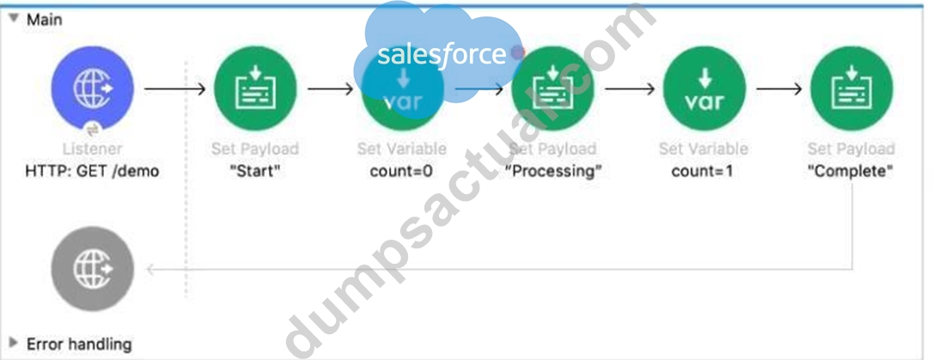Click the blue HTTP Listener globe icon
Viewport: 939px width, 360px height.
(92, 88)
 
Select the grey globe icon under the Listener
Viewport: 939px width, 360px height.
(92, 269)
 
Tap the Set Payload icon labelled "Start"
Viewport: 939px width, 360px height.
(256, 88)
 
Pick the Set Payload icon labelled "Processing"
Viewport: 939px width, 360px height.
(552, 88)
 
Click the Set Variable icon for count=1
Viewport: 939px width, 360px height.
(704, 88)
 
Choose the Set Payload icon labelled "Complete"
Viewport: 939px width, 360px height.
(851, 88)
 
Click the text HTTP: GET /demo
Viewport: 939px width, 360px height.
(92, 171)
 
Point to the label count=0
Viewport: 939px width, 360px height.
(401, 171)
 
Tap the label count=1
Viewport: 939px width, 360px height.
(703, 171)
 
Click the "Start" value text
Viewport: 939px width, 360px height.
(256, 171)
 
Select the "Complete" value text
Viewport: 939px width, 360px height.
(851, 171)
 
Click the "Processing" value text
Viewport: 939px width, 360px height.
(552, 171)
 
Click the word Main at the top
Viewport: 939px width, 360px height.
(45, 19)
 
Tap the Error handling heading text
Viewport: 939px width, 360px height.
(78, 344)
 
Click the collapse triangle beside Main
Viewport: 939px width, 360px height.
(14, 19)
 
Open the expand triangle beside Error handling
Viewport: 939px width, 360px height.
(14, 343)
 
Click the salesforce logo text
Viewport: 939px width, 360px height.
(442, 55)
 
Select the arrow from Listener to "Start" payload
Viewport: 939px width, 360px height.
(175, 89)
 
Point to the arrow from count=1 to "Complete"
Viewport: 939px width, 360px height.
(779, 89)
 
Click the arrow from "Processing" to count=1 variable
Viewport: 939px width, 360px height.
(630, 89)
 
